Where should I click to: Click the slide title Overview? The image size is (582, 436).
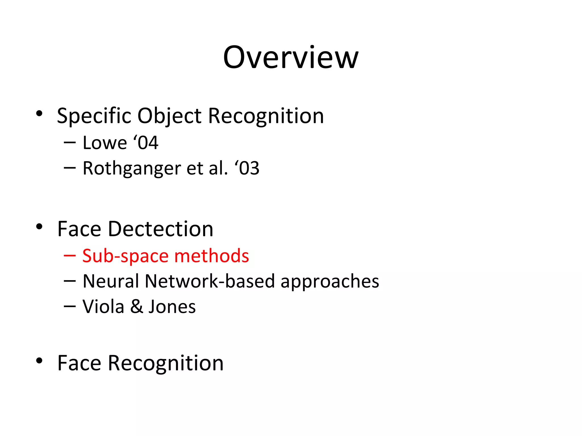290,57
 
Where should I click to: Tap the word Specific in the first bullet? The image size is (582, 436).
94,116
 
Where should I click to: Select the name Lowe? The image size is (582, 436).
105,143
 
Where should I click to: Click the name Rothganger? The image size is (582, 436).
132,168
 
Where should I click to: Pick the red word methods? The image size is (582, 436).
211,256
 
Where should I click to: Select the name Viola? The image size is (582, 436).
103,307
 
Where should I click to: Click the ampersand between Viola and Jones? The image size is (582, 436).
137,307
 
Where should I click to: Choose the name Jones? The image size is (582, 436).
172,307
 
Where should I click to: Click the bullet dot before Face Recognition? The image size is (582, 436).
39,361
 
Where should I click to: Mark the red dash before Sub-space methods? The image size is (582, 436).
70,256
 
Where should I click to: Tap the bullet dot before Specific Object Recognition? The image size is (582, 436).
39,114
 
